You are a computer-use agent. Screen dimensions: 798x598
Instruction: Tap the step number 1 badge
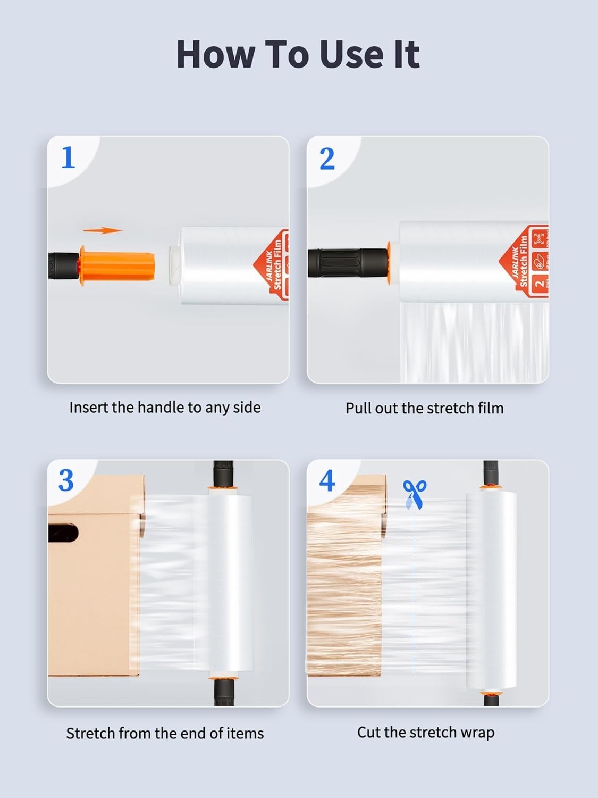(68, 158)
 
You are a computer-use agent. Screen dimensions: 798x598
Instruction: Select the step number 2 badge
(327, 159)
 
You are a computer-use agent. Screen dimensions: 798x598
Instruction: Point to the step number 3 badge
(66, 481)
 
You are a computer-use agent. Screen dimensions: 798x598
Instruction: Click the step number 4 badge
(327, 481)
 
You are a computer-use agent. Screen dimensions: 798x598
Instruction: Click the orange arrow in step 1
(103, 230)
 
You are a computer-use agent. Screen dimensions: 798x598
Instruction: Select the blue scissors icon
(414, 494)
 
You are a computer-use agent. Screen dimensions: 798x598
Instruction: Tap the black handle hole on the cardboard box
(63, 533)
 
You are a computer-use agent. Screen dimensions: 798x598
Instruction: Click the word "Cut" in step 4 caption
(369, 733)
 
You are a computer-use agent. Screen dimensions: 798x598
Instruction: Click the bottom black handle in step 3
(224, 693)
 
